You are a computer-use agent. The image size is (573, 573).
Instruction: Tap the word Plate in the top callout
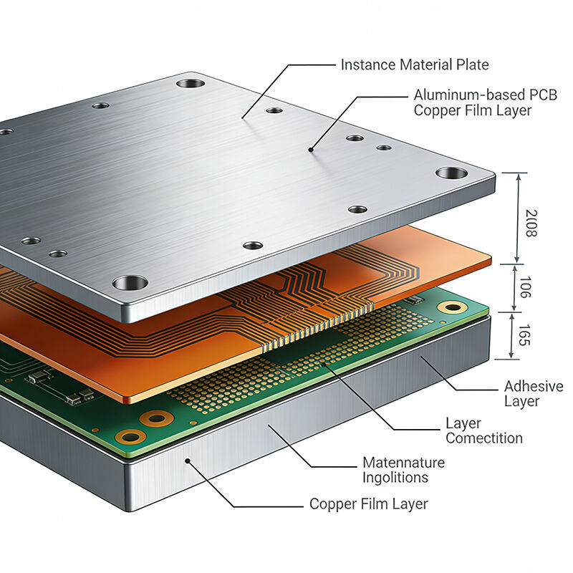pyautogui.click(x=472, y=64)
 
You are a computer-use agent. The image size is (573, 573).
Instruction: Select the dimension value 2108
pyautogui.click(x=531, y=223)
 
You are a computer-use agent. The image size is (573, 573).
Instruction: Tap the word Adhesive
pyautogui.click(x=534, y=387)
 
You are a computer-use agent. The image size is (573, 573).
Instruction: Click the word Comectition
pyautogui.click(x=484, y=438)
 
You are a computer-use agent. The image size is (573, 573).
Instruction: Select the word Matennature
pyautogui.click(x=403, y=463)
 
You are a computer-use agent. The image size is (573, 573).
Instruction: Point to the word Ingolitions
pyautogui.click(x=395, y=478)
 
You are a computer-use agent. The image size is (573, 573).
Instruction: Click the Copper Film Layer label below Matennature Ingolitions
pyautogui.click(x=368, y=504)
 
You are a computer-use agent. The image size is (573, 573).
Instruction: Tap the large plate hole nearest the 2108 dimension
pyautogui.click(x=451, y=173)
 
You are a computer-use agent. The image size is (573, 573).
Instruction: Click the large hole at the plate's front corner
pyautogui.click(x=130, y=282)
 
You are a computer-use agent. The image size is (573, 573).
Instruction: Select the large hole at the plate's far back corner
pyautogui.click(x=191, y=83)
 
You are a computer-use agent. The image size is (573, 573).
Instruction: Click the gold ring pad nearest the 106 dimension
pyautogui.click(x=451, y=307)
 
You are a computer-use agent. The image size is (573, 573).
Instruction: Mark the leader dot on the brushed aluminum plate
pyautogui.click(x=310, y=150)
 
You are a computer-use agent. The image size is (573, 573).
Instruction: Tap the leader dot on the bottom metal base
pyautogui.click(x=188, y=462)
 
